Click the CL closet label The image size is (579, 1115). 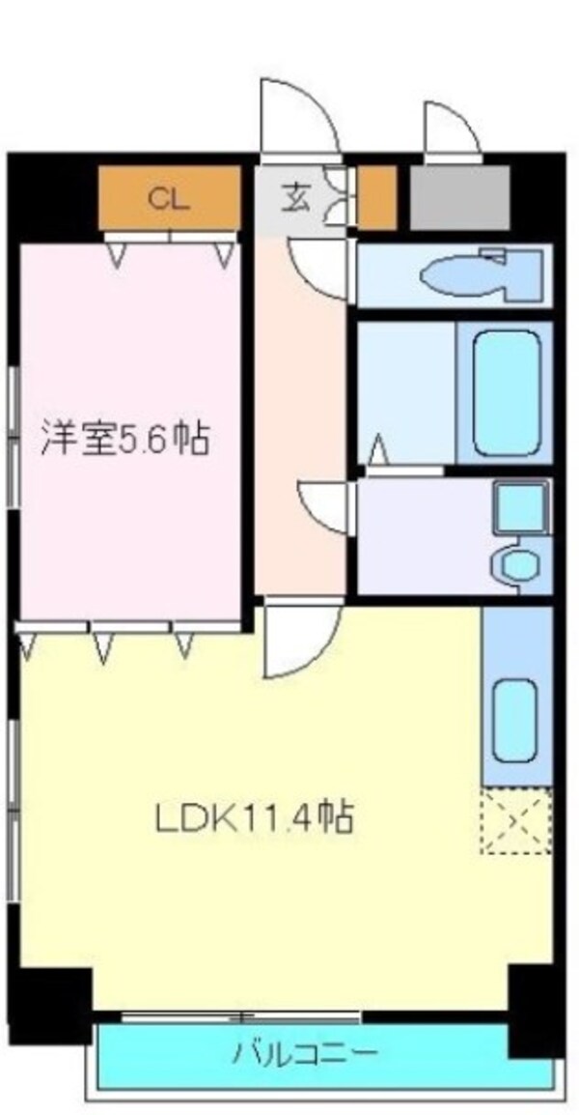click(168, 200)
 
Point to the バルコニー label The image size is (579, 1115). click(305, 1052)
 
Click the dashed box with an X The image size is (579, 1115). click(516, 821)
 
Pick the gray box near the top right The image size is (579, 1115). click(459, 198)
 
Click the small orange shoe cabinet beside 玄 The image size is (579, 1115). click(377, 198)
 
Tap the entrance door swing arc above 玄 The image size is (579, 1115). click(296, 116)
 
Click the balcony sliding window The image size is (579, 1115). click(241, 1016)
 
